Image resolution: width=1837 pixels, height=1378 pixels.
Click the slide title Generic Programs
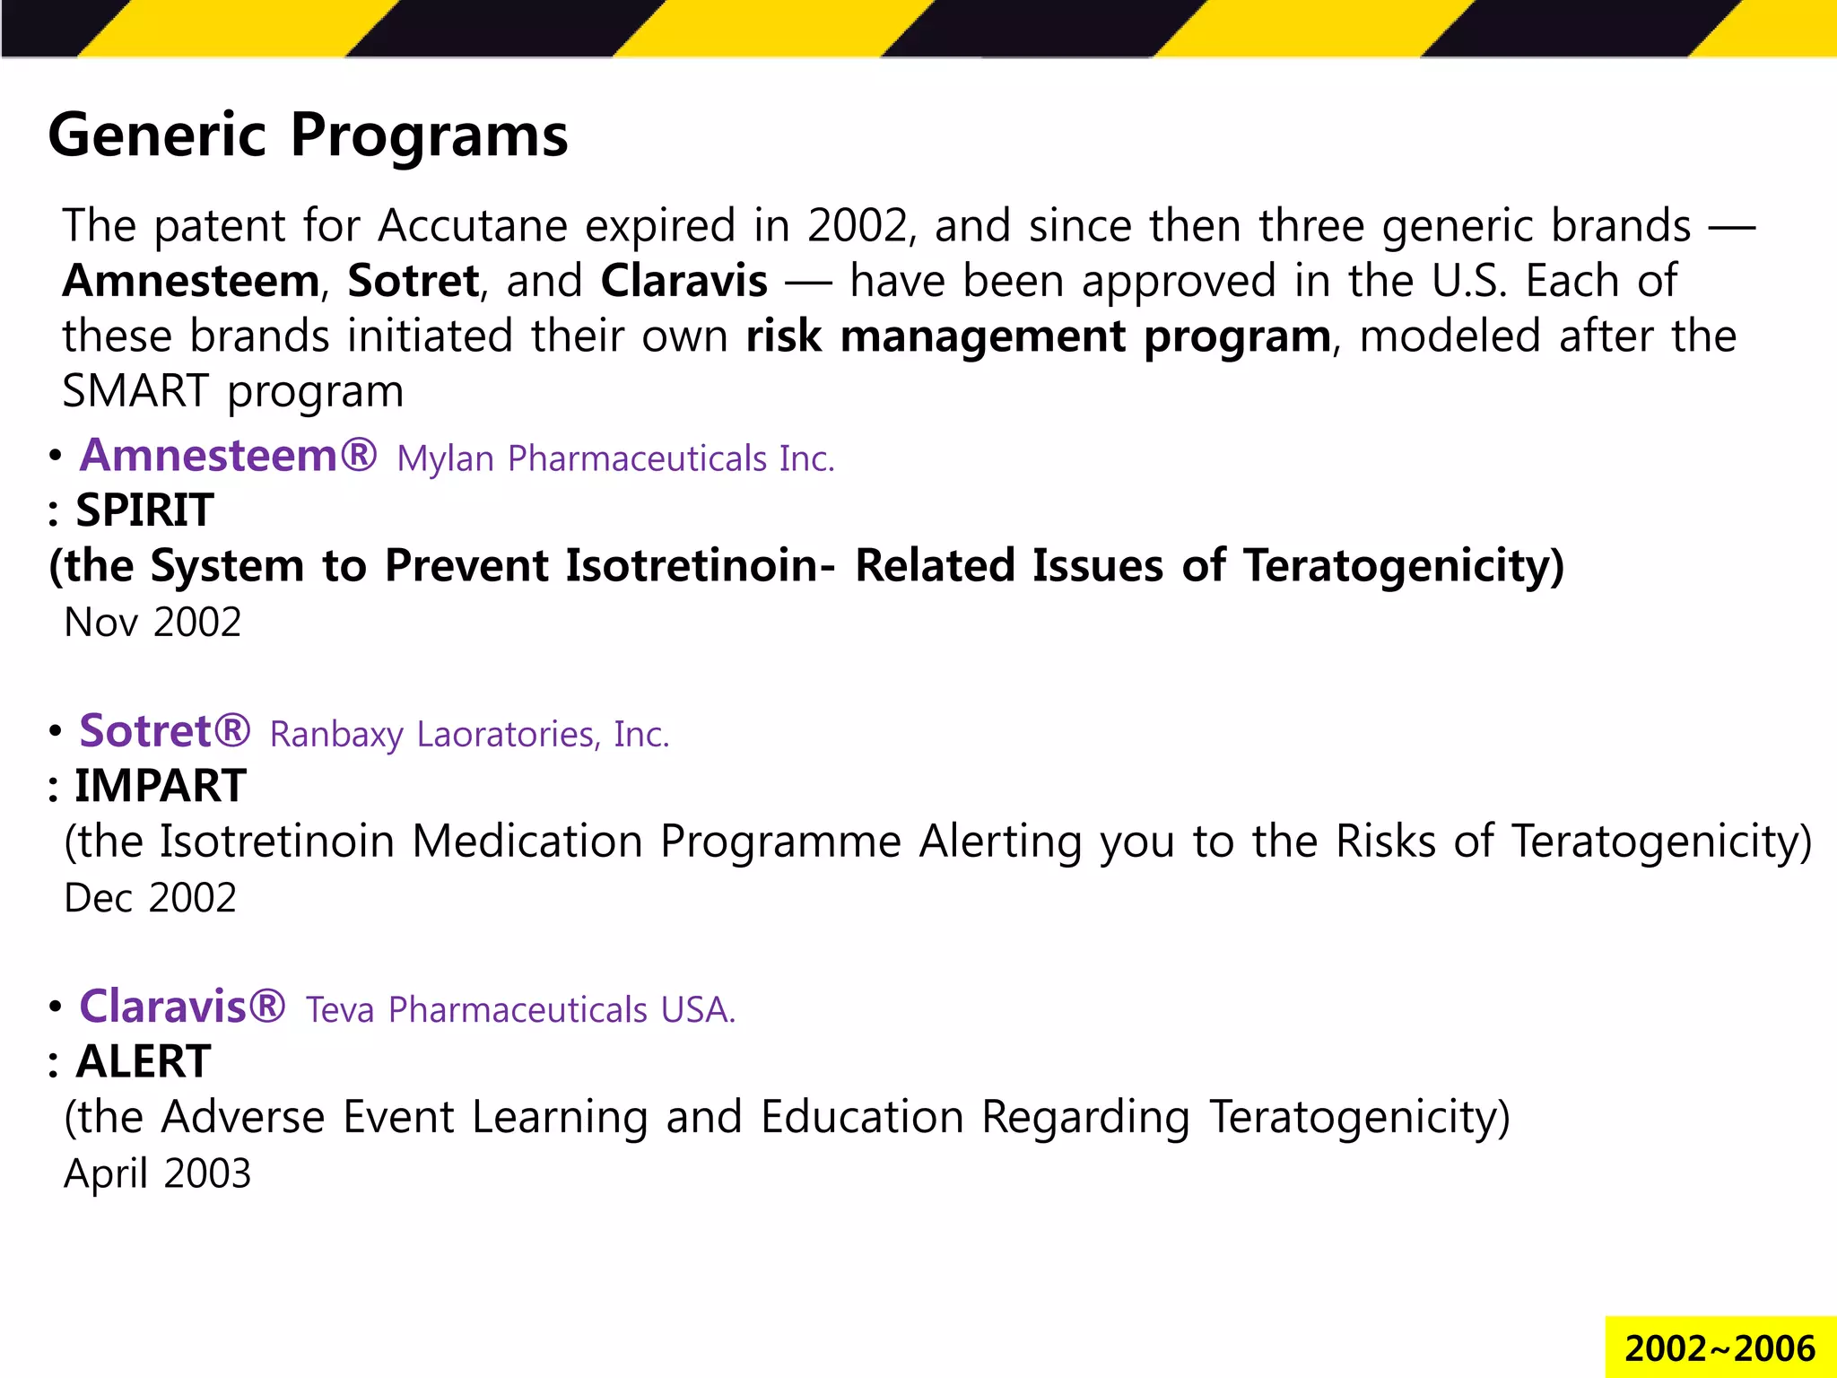(x=308, y=135)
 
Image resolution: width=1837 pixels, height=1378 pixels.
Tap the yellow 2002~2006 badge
(x=1719, y=1348)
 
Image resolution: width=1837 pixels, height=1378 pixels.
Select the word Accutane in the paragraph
(x=473, y=225)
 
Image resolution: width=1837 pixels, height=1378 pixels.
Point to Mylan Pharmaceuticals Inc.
(x=615, y=459)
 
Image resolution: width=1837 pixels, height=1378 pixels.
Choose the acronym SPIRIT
(x=144, y=510)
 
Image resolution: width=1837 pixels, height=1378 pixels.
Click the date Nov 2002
(x=152, y=623)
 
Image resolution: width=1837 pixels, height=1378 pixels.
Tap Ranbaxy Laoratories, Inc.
(x=469, y=735)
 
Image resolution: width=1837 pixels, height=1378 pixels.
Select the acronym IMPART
(x=160, y=786)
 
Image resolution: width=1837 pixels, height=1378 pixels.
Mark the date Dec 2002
(x=150, y=898)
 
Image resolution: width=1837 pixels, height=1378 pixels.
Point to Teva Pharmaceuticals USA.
(x=520, y=1010)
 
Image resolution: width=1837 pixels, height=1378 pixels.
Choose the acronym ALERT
(x=144, y=1062)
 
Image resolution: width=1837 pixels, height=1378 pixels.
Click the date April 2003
(x=157, y=1173)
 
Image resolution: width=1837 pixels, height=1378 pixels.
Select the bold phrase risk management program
(x=1038, y=336)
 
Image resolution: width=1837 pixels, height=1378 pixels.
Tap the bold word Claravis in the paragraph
(x=683, y=281)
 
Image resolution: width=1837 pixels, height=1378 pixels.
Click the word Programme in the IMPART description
(x=780, y=842)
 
